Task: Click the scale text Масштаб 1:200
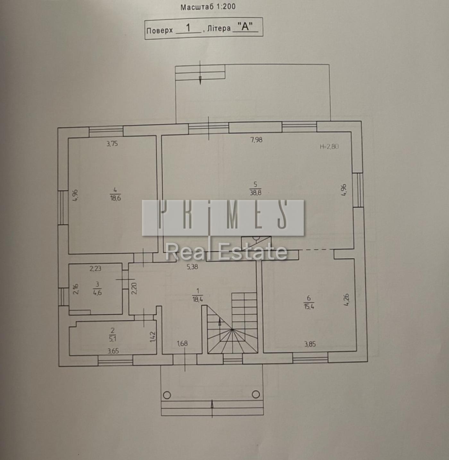coord(208,7)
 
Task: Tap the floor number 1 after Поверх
coord(188,28)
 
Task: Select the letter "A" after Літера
coord(245,27)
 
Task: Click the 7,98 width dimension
coord(256,140)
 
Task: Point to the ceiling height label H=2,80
coord(329,147)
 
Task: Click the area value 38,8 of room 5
coord(256,193)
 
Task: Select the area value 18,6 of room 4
coord(115,198)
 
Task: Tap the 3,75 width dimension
coord(112,144)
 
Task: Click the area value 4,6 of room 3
coord(97,293)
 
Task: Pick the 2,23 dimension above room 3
coord(96,268)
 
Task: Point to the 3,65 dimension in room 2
coord(113,351)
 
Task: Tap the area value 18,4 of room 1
coord(198,300)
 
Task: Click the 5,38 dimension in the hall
coord(192,267)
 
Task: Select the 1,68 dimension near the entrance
coord(182,343)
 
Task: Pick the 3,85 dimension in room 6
coord(310,344)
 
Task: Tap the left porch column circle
coord(167,395)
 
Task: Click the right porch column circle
coord(256,394)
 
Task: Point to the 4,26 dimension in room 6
coord(346,300)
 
